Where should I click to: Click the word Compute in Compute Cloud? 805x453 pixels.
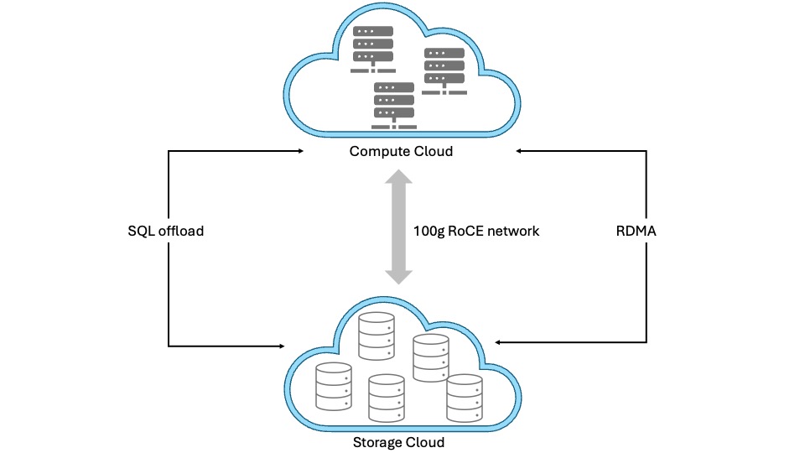pyautogui.click(x=375, y=152)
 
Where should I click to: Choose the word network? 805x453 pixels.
pyautogui.click(x=513, y=231)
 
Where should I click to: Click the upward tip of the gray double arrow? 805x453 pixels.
pyautogui.click(x=398, y=173)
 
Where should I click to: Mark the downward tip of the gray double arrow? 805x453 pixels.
pyautogui.click(x=398, y=281)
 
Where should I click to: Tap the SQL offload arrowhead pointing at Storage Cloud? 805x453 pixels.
pyautogui.click(x=283, y=346)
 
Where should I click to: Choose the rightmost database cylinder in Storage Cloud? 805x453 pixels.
pyautogui.click(x=464, y=398)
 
